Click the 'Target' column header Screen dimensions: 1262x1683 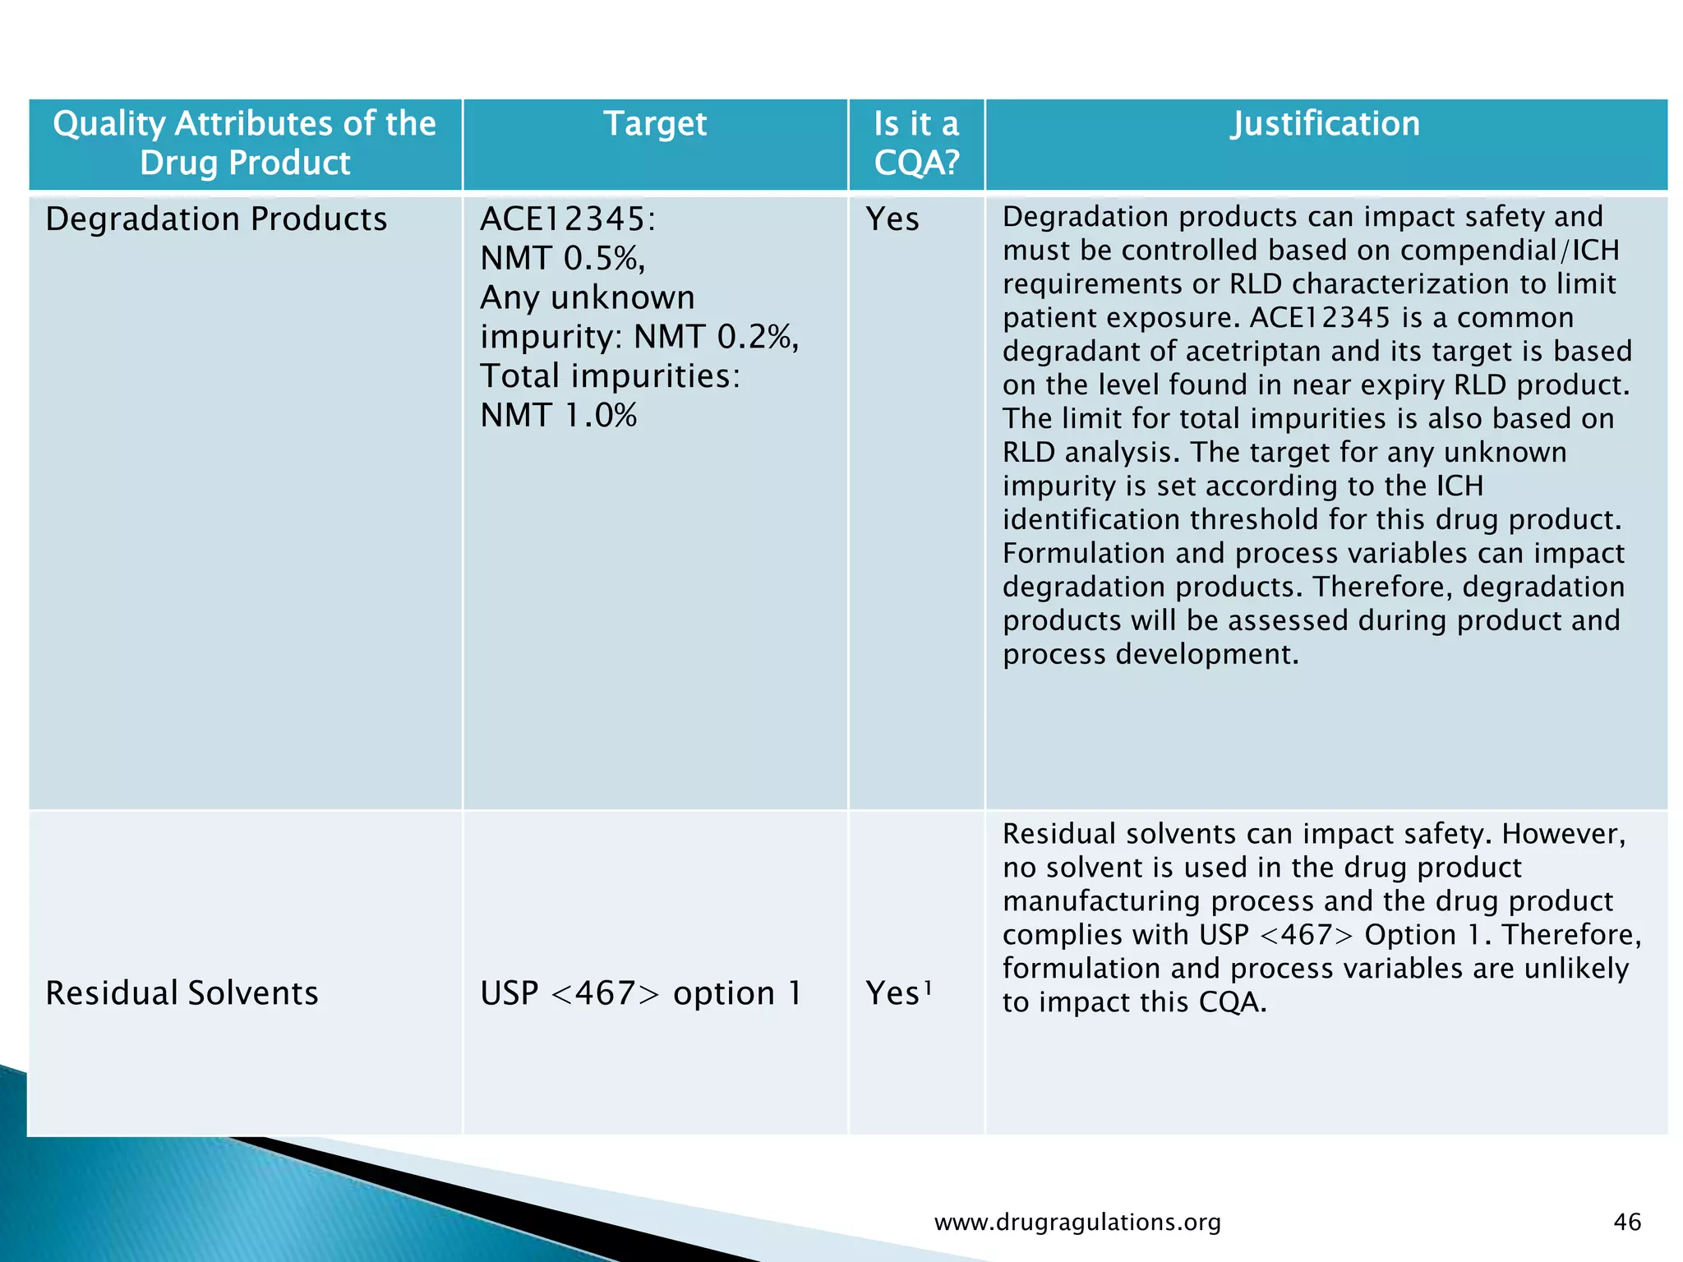click(655, 124)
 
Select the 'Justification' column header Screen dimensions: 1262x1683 click(1325, 124)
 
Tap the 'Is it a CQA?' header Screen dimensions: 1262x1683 click(916, 143)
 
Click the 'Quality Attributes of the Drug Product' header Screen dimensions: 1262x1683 click(244, 143)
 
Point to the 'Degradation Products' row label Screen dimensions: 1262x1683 click(216, 219)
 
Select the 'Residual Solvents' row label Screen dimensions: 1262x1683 click(182, 993)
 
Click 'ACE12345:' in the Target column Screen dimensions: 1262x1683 click(568, 219)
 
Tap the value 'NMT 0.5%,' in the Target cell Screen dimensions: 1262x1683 click(563, 259)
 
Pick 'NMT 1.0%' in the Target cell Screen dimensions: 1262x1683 click(559, 416)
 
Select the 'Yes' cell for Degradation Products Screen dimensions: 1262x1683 click(892, 219)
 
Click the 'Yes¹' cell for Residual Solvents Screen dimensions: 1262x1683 click(898, 993)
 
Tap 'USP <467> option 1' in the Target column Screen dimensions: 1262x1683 click(640, 993)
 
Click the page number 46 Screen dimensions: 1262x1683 click(1627, 1222)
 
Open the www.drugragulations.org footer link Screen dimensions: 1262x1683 click(1077, 1223)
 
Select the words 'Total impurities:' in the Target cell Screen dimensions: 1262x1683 click(610, 376)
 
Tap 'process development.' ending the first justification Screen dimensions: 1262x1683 click(1150, 655)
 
